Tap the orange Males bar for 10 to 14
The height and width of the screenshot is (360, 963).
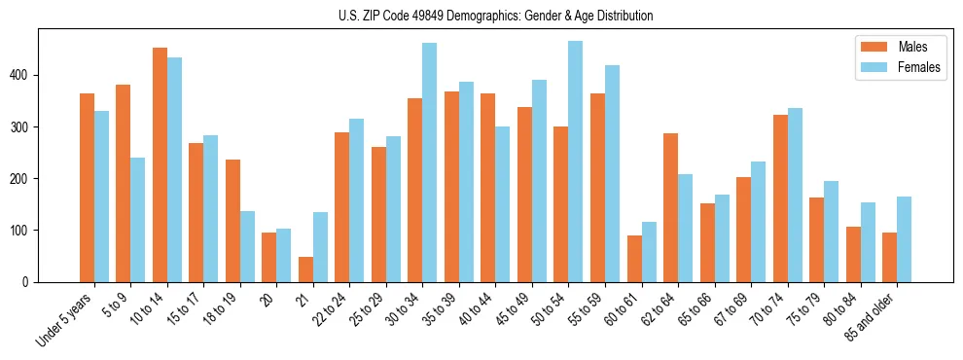[160, 165]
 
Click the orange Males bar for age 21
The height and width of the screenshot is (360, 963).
[305, 270]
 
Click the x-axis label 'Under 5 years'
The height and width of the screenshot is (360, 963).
[64, 319]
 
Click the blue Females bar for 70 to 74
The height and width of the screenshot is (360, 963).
[795, 206]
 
